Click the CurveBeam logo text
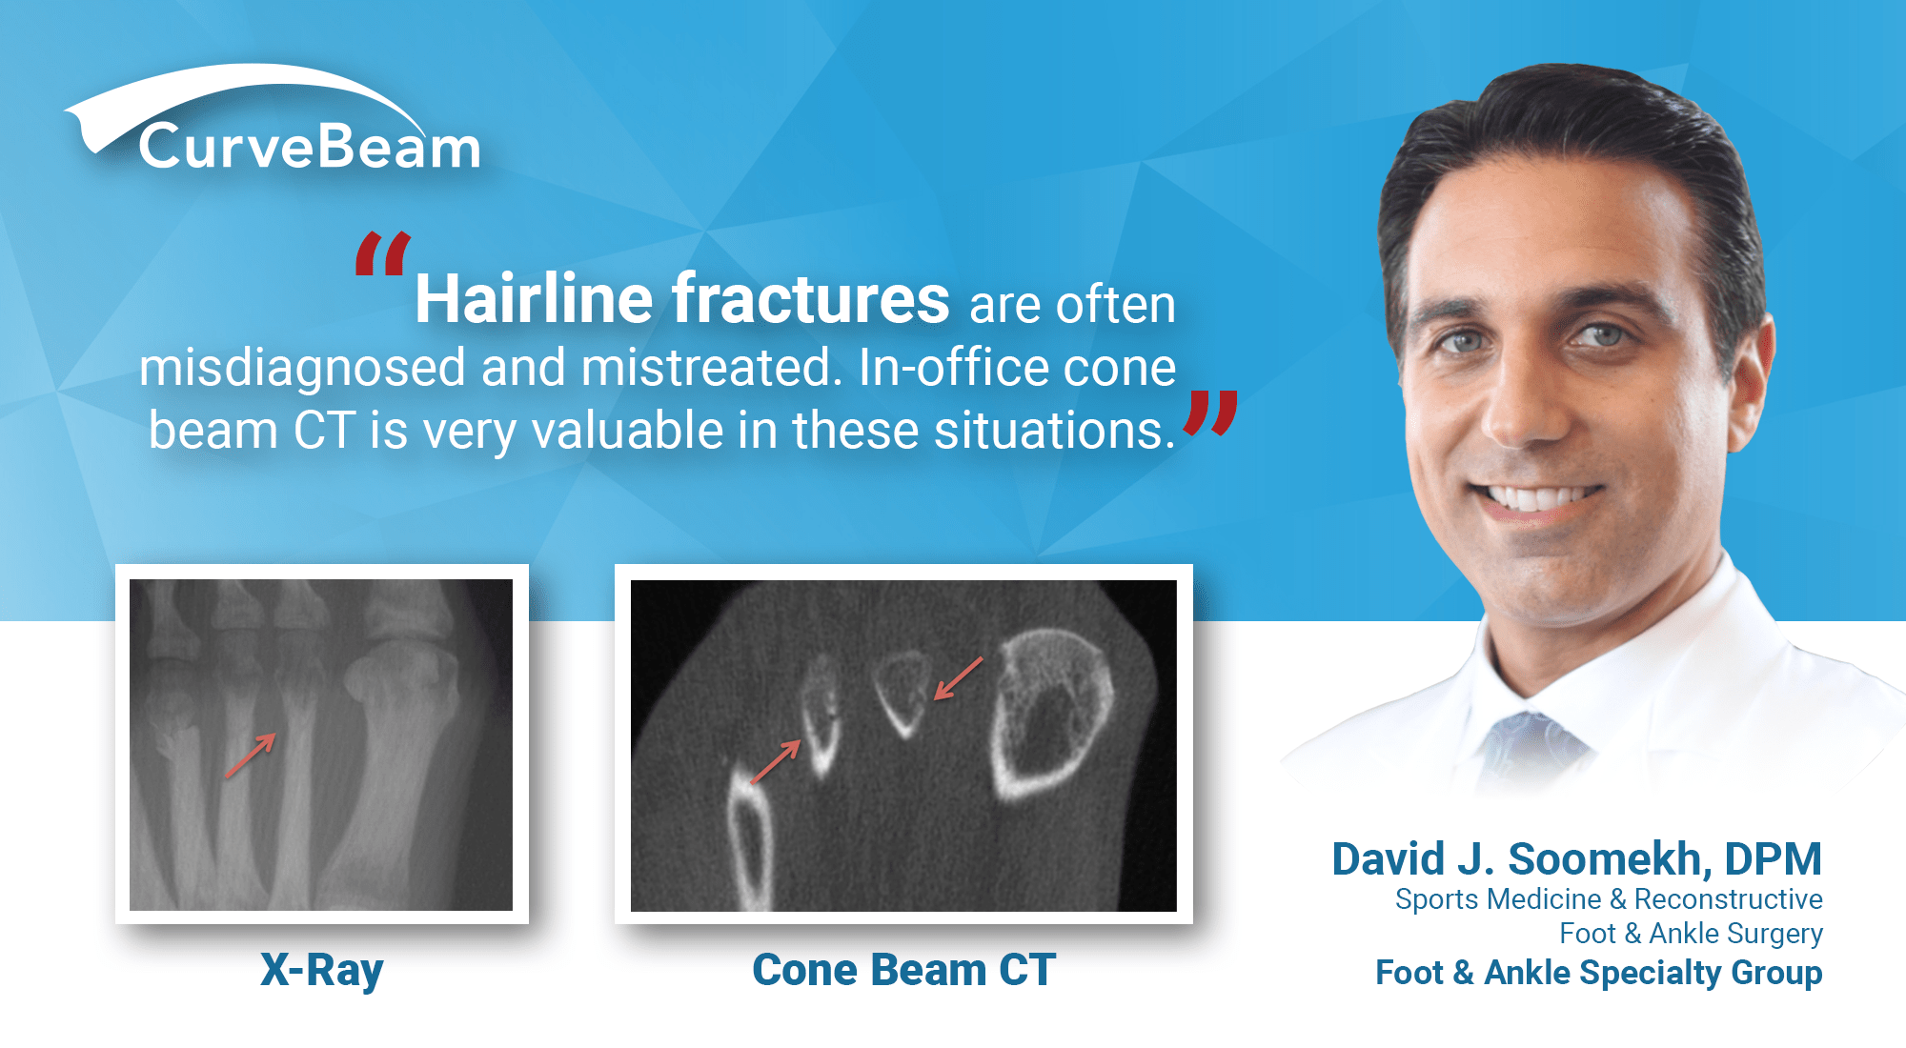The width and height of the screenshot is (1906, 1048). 310,148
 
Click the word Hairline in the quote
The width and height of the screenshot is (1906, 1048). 534,299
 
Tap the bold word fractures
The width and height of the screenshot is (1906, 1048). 810,299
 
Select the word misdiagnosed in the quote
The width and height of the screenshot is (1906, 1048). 302,368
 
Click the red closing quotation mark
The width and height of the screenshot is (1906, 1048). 1210,413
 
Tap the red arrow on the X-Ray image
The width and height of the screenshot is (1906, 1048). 251,756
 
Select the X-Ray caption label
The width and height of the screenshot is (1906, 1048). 322,970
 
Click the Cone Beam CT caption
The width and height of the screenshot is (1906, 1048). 903,970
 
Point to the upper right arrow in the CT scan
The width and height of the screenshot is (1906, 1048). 958,678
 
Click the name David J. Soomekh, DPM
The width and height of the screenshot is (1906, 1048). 1576,858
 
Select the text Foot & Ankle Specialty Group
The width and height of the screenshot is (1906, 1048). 1598,973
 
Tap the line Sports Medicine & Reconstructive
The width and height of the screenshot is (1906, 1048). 1608,898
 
